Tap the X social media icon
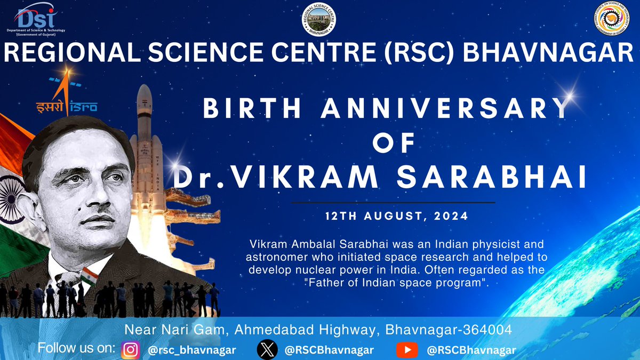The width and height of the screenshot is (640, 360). pyautogui.click(x=267, y=350)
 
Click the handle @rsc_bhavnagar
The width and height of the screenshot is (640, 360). pyautogui.click(x=191, y=350)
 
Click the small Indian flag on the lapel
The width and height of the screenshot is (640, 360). pyautogui.click(x=89, y=277)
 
